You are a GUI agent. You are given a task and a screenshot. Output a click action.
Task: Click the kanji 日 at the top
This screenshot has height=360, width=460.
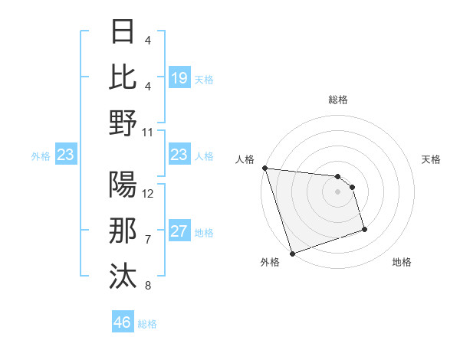[x=123, y=33]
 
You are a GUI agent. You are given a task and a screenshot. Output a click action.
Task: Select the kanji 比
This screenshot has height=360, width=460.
[x=123, y=77]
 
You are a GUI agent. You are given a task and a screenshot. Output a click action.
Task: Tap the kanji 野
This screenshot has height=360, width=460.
[x=123, y=123]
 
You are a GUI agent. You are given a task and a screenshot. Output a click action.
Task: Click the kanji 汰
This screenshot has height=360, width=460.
[x=123, y=276]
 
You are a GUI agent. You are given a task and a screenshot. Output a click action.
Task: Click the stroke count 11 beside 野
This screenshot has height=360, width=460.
[x=148, y=132]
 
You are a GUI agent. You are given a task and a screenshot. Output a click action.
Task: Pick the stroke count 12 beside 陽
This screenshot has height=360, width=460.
[x=148, y=194]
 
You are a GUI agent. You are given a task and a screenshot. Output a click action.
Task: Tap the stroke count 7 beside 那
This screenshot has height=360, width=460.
[x=148, y=240]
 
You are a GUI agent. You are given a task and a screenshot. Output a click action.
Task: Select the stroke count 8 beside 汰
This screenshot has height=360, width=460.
[x=148, y=286]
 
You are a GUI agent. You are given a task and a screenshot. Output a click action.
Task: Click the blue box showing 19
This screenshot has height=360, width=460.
[x=179, y=77]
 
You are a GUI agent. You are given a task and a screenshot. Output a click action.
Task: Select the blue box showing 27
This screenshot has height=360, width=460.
[x=179, y=232]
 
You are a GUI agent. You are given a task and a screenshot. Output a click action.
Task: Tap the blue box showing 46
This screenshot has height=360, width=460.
[x=123, y=322]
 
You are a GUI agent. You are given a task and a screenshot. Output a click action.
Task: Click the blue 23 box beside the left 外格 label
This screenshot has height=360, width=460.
[x=66, y=155]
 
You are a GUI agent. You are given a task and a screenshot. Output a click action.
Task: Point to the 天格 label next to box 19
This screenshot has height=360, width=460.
[x=204, y=80]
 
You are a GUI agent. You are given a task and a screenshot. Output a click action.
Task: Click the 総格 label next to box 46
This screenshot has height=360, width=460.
[x=147, y=325]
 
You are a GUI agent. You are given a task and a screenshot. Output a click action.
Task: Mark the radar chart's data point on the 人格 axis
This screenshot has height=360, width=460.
[x=264, y=168]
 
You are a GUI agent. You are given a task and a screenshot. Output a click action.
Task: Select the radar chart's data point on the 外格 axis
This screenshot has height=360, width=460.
[x=292, y=254]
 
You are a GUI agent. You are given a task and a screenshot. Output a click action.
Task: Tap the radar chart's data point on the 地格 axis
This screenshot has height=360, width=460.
[x=364, y=229]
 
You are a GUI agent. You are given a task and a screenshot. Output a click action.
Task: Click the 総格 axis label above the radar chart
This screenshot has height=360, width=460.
[x=337, y=100]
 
